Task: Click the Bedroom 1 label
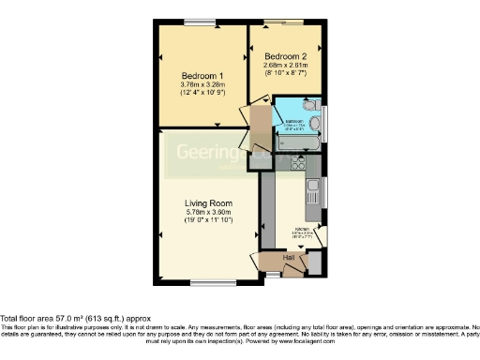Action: pyautogui.click(x=202, y=75)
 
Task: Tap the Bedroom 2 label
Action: pyautogui.click(x=285, y=54)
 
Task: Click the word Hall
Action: pyautogui.click(x=291, y=255)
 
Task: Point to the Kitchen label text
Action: pyautogui.click(x=303, y=230)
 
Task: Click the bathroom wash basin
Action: pyautogui.click(x=317, y=123)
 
